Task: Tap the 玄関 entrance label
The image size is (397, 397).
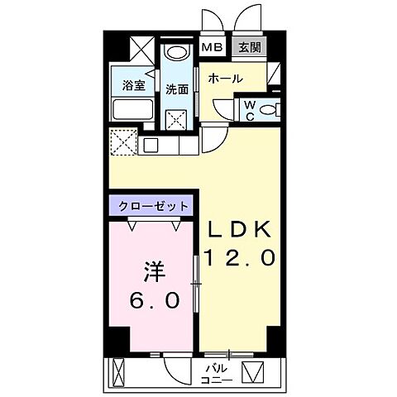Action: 249,47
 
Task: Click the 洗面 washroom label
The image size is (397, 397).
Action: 175,89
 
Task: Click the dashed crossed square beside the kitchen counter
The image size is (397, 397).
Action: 123,143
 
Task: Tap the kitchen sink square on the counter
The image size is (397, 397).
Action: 151,145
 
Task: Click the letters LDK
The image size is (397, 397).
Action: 239,229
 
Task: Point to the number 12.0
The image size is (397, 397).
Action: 239,260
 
